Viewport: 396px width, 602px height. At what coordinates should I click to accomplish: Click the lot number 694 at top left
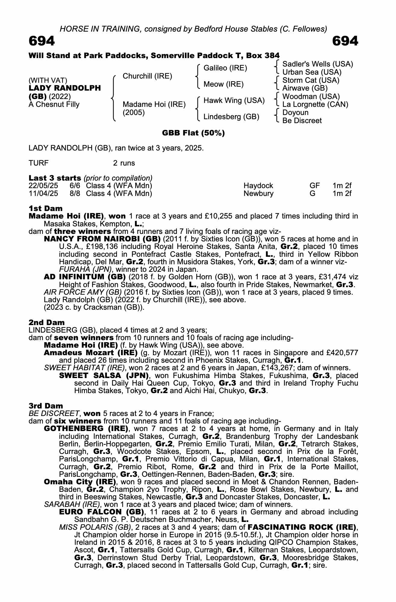click(42, 41)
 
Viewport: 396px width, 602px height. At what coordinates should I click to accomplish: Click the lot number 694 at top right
click(345, 41)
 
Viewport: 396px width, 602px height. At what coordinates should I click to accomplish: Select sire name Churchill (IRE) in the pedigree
click(147, 76)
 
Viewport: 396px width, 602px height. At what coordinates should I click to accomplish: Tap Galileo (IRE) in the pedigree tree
click(225, 68)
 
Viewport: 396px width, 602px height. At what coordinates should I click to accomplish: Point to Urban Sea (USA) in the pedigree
click(312, 72)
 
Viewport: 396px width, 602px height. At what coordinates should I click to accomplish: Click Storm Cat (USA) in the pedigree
click(311, 80)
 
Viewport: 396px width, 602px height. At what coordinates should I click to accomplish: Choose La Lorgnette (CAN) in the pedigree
click(315, 104)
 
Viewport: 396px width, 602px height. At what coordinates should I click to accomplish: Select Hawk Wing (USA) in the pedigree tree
click(234, 101)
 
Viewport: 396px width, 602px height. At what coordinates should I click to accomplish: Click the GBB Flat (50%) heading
click(193, 133)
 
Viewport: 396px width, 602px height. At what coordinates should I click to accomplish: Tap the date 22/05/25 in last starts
click(43, 186)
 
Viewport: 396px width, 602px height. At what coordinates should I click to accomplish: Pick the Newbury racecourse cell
click(258, 194)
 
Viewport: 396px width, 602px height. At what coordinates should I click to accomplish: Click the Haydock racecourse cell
click(258, 186)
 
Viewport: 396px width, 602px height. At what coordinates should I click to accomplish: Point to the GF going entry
click(315, 186)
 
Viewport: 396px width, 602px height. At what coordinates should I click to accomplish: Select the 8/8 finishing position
click(75, 194)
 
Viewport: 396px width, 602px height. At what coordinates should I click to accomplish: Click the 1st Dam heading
click(45, 208)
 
